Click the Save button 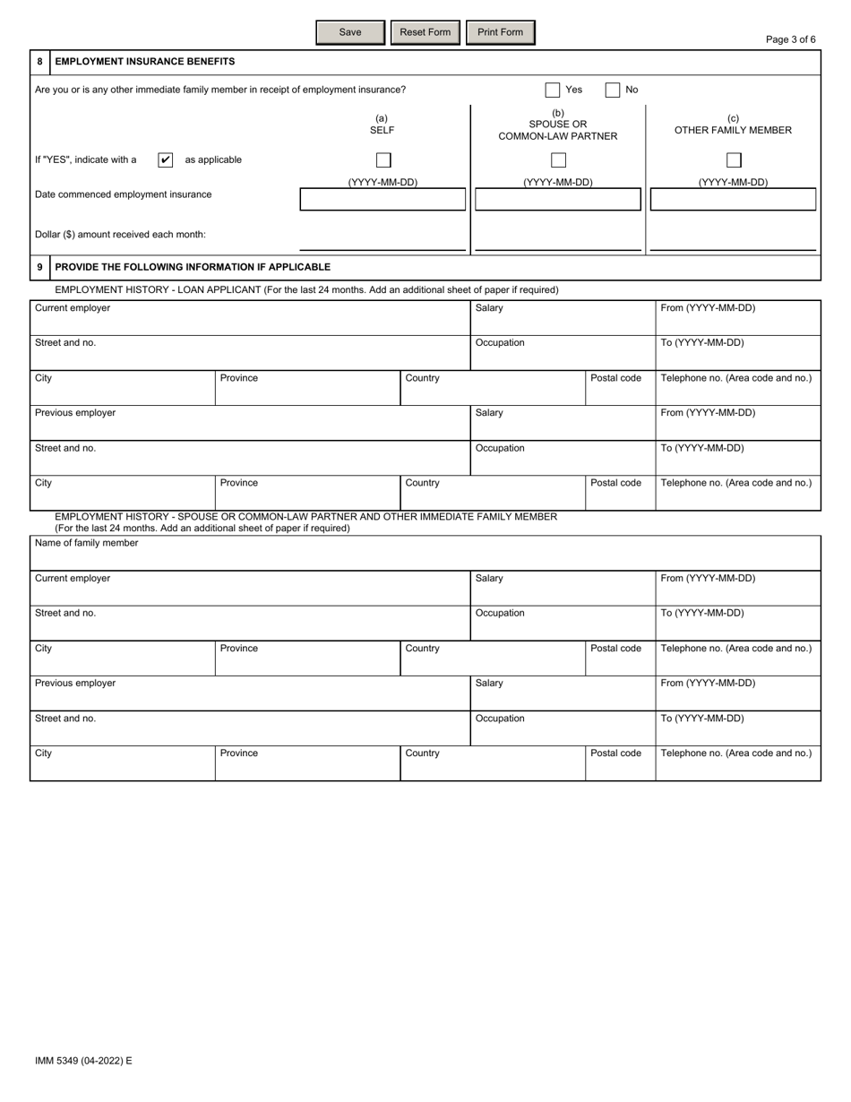pyautogui.click(x=350, y=32)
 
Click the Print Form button pyautogui.click(x=500, y=32)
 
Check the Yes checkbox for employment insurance pyautogui.click(x=553, y=90)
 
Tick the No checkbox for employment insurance pyautogui.click(x=613, y=90)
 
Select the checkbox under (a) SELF pyautogui.click(x=383, y=160)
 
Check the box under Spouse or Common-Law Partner pyautogui.click(x=558, y=160)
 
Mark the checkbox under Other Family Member pyautogui.click(x=734, y=160)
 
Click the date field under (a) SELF pyautogui.click(x=383, y=199)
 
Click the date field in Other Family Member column pyautogui.click(x=733, y=199)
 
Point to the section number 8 pyautogui.click(x=39, y=62)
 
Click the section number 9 pyautogui.click(x=39, y=267)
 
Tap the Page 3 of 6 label pyautogui.click(x=791, y=39)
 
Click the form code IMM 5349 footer pyautogui.click(x=83, y=1061)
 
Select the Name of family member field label pyautogui.click(x=87, y=543)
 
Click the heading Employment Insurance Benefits pyautogui.click(x=145, y=62)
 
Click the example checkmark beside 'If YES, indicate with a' pyautogui.click(x=165, y=160)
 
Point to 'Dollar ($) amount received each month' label pyautogui.click(x=120, y=235)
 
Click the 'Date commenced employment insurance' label pyautogui.click(x=124, y=194)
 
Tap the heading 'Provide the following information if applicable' pyautogui.click(x=193, y=267)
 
